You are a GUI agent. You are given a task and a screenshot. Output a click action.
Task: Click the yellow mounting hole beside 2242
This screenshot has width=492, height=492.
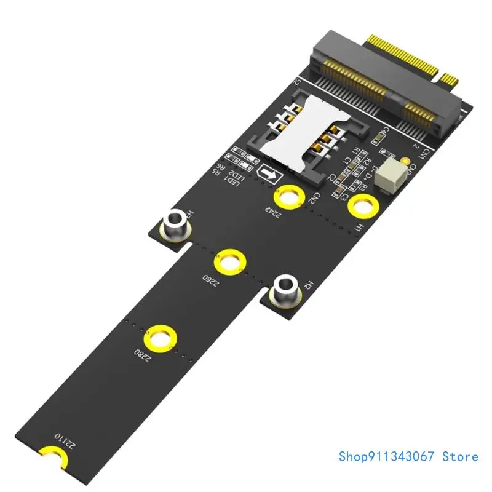coord(288,197)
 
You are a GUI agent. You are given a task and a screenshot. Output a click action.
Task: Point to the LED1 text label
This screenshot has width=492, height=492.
coord(232,183)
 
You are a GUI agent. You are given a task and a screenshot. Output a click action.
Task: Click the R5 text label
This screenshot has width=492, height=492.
coord(216,172)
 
